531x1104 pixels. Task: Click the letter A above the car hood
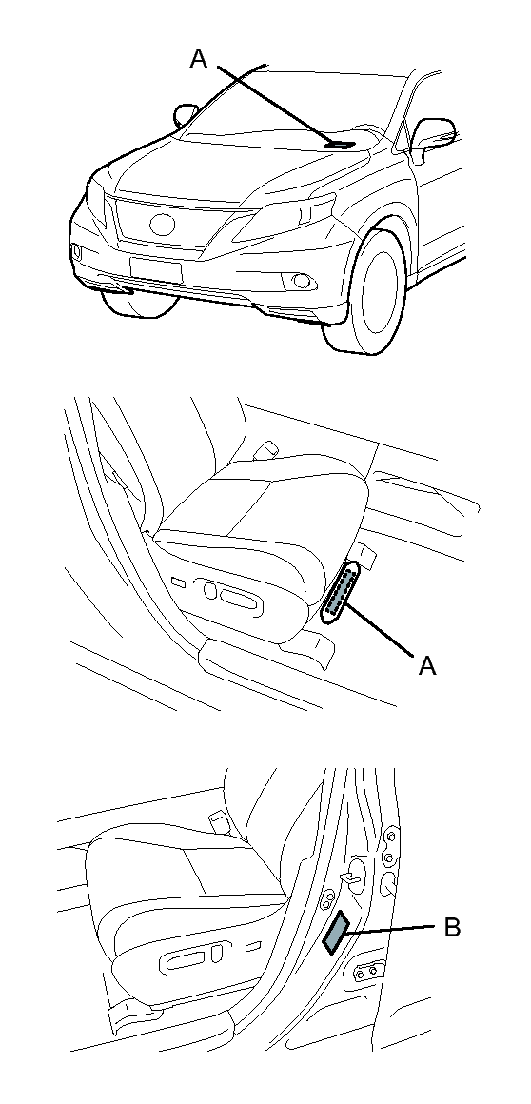[199, 59]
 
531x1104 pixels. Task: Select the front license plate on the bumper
[156, 269]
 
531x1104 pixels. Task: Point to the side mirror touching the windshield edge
[187, 115]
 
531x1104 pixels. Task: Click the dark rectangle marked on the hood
[340, 145]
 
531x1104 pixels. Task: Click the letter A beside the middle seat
[427, 665]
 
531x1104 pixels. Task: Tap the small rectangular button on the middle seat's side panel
[179, 582]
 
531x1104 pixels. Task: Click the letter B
[451, 927]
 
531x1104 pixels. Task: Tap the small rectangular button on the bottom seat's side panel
[252, 948]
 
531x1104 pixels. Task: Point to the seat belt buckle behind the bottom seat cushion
[218, 819]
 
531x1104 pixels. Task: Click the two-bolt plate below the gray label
[366, 972]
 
